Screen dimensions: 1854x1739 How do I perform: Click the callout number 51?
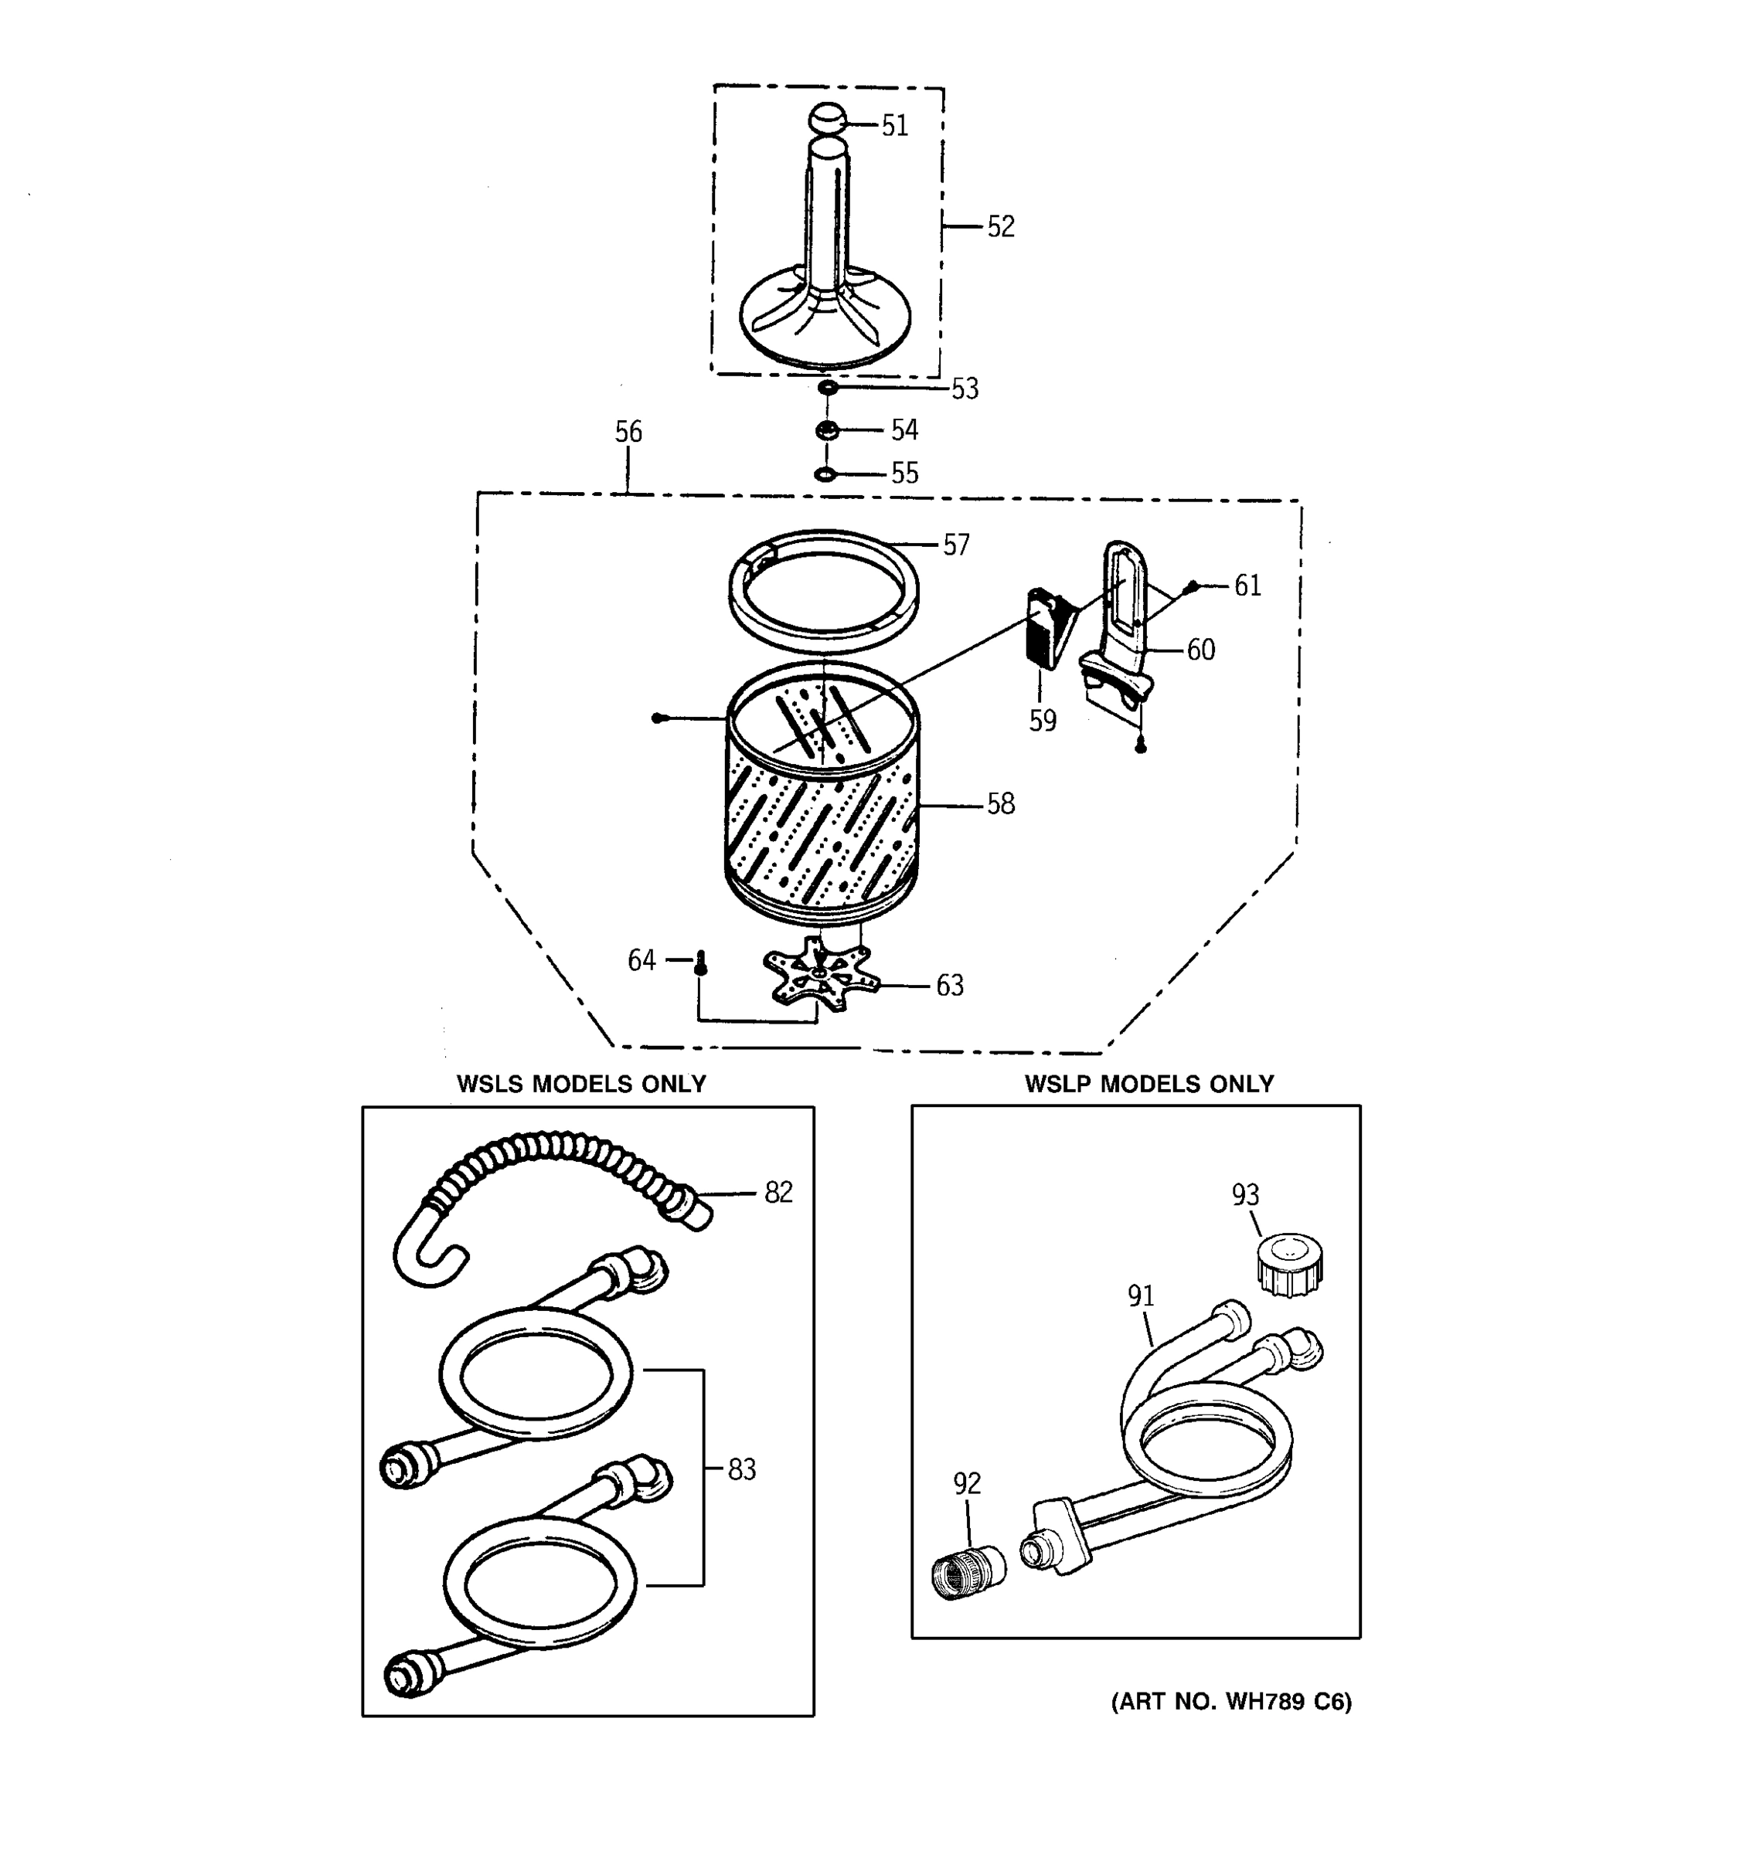coord(895,126)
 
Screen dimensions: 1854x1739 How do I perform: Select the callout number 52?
coord(1000,226)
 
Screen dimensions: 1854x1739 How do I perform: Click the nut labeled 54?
coord(826,430)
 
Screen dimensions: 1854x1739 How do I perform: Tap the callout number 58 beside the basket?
coord(1000,804)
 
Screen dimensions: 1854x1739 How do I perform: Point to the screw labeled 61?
coord(1191,586)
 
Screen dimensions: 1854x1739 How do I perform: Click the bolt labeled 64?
coord(701,962)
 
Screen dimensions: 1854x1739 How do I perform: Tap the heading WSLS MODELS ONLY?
coord(581,1084)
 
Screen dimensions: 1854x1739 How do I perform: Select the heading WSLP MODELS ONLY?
coord(1149,1084)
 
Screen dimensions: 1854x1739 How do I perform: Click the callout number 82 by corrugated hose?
coord(778,1192)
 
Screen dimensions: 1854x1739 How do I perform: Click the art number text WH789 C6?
coord(1230,1702)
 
